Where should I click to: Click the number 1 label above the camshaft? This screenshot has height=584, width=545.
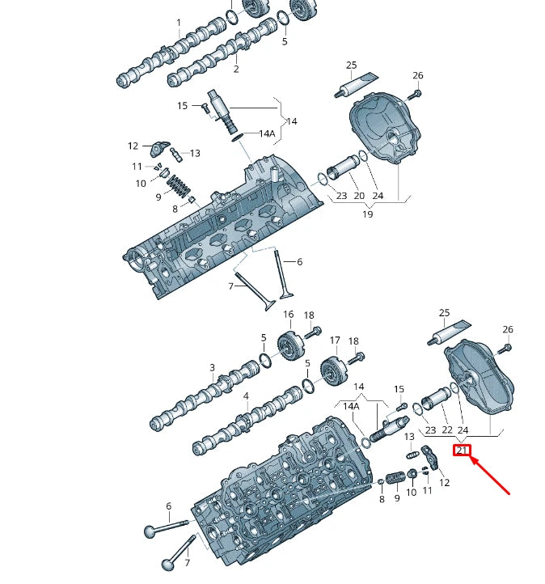click(x=179, y=23)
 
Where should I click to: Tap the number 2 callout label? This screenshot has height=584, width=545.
click(x=236, y=70)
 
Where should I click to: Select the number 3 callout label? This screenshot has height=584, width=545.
click(x=213, y=368)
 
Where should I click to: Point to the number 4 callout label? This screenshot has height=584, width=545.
click(x=247, y=397)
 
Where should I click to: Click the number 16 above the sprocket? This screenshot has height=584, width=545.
click(x=288, y=315)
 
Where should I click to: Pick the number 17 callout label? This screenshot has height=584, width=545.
click(x=335, y=341)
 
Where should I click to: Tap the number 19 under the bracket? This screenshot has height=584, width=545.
click(x=367, y=214)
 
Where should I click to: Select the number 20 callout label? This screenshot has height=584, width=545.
click(x=359, y=196)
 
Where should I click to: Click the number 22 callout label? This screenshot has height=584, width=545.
click(x=447, y=430)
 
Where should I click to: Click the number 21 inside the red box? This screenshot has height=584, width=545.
click(x=462, y=451)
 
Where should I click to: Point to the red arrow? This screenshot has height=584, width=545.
click(x=491, y=476)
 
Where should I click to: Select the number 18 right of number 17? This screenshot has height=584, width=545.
click(x=353, y=341)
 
